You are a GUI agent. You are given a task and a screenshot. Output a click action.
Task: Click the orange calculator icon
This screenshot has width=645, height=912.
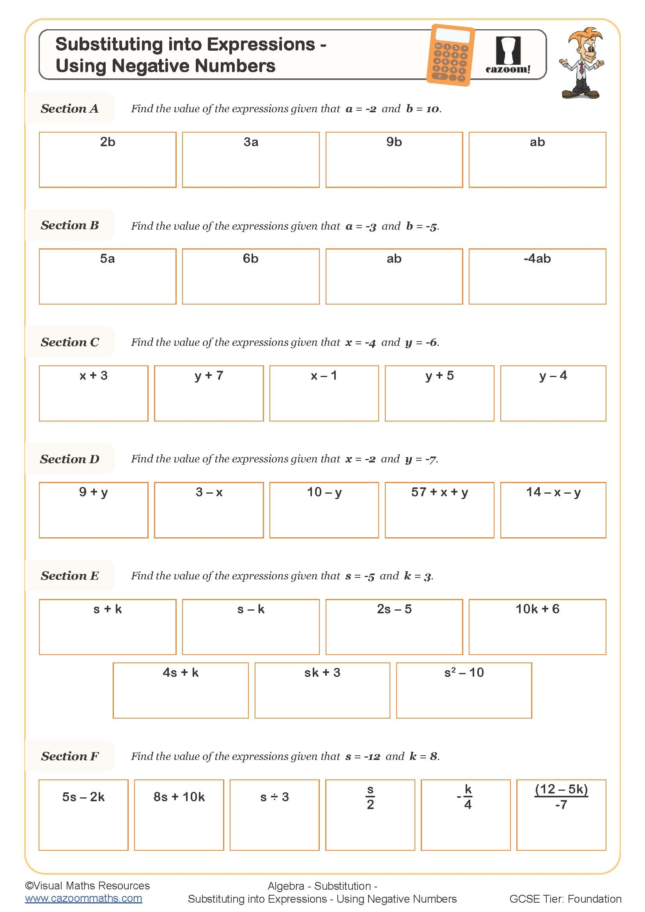(451, 55)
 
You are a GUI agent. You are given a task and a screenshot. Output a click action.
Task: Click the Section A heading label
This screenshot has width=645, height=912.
(69, 108)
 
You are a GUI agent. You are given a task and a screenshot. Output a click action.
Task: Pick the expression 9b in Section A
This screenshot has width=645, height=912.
(394, 142)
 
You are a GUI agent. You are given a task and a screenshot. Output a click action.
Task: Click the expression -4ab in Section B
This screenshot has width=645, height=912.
(537, 259)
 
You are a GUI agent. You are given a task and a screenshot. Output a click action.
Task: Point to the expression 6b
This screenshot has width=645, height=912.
(251, 259)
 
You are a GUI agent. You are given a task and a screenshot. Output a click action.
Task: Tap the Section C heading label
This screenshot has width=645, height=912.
(70, 342)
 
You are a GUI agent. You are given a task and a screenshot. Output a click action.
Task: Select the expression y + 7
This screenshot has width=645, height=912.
(209, 375)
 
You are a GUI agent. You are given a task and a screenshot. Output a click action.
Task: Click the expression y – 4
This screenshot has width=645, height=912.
(553, 375)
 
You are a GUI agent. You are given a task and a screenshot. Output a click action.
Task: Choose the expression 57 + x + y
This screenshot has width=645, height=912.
(439, 492)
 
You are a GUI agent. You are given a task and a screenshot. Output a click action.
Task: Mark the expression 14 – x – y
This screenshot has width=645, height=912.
(553, 492)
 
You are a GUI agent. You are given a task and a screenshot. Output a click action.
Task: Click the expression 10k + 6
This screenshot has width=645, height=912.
(537, 609)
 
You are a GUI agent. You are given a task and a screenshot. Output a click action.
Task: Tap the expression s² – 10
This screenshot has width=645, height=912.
(464, 673)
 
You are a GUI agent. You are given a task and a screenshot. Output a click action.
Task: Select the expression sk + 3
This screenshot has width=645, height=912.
(322, 673)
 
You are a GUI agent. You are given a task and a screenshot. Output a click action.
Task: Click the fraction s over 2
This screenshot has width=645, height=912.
(370, 797)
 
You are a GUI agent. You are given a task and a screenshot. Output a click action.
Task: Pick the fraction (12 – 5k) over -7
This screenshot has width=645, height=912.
(561, 797)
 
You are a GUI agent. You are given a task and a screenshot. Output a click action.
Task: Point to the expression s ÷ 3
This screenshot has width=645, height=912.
(275, 797)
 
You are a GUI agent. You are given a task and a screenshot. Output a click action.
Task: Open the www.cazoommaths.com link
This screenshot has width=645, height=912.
(83, 898)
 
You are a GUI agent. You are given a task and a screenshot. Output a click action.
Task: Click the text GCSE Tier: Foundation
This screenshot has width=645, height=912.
(565, 899)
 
